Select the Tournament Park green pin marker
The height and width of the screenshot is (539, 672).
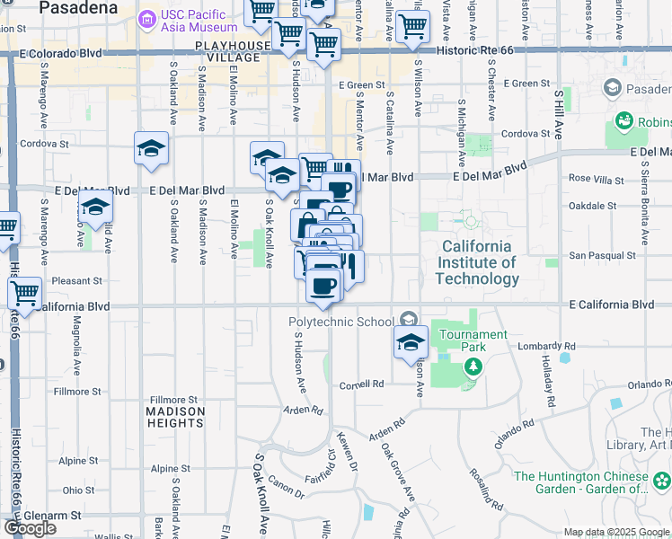click(473, 367)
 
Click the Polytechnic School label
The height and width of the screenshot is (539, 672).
click(340, 322)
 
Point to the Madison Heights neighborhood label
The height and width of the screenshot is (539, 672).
click(175, 418)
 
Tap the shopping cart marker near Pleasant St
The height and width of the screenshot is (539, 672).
click(24, 292)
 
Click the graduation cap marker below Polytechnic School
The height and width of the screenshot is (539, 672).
click(411, 341)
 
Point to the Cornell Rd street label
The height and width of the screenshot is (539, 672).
click(361, 384)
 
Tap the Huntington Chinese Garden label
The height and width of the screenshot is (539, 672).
click(588, 483)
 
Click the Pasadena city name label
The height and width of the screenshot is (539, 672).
click(79, 7)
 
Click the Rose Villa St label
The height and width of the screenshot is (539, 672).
click(596, 178)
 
